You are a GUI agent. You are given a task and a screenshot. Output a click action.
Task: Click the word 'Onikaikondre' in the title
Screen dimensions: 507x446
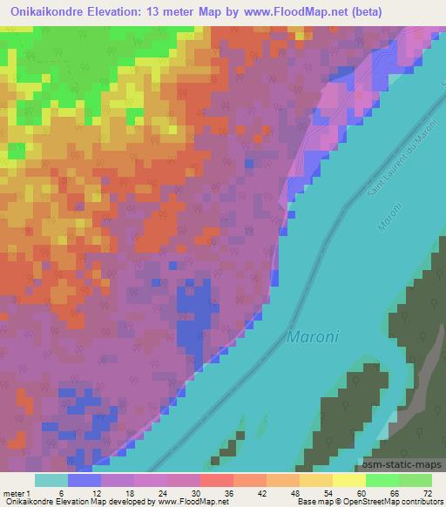(x=50, y=11)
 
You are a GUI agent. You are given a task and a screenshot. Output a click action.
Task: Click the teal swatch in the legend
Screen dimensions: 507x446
(x=51, y=480)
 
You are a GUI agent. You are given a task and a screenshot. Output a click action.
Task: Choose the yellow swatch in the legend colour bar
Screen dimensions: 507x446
(x=349, y=480)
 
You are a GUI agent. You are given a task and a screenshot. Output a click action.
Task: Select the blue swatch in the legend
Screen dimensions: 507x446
(x=84, y=480)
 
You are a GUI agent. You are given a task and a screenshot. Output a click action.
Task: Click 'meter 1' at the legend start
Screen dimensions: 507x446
(x=17, y=493)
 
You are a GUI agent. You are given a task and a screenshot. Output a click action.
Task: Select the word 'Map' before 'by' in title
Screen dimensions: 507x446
(x=199, y=11)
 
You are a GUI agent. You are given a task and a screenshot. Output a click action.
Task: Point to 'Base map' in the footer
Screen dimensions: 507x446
(x=309, y=502)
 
